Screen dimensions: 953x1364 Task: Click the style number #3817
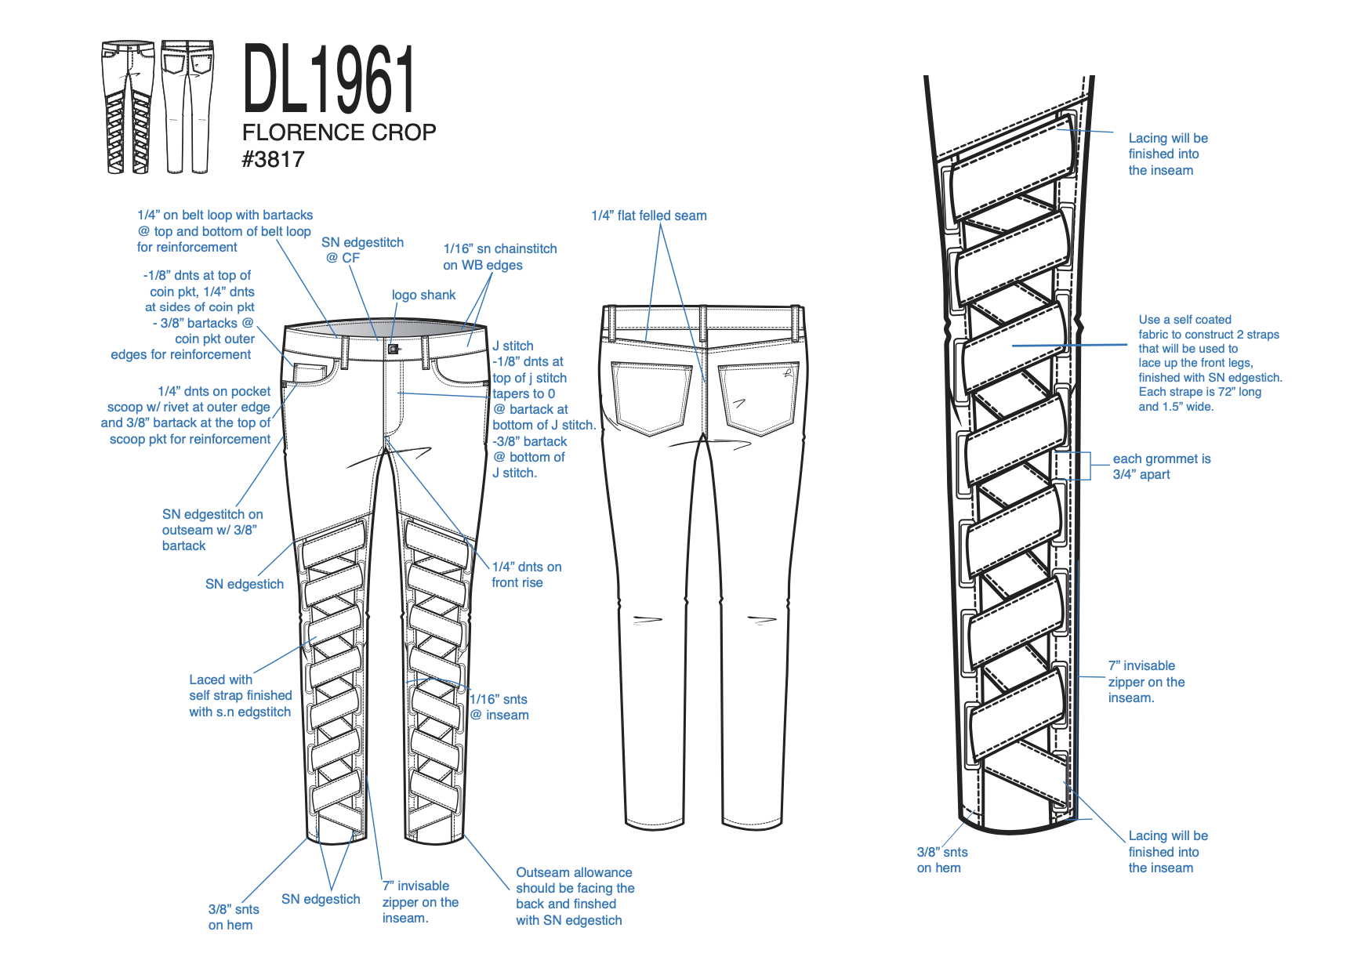coord(273,160)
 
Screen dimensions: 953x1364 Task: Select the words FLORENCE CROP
coord(339,132)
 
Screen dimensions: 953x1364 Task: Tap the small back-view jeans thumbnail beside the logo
coord(187,107)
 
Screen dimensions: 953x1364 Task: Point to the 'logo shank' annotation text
coord(423,295)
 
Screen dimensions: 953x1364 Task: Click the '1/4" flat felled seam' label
coord(649,216)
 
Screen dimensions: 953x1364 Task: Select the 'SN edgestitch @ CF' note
coord(362,250)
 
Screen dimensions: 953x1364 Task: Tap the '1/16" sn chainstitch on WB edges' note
coord(499,257)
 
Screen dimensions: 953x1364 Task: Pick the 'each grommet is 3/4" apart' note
coord(1161,466)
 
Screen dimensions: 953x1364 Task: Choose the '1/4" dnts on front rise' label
coord(526,574)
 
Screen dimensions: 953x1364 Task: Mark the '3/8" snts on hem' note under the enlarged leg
coord(941,860)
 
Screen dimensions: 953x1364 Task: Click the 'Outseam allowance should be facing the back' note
coord(575,896)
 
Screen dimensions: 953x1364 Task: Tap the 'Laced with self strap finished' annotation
coord(240,696)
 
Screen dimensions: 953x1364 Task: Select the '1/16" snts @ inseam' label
coord(499,707)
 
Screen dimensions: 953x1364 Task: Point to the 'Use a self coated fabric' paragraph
coord(1210,363)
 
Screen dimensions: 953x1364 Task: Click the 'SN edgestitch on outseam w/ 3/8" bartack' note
coord(212,530)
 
